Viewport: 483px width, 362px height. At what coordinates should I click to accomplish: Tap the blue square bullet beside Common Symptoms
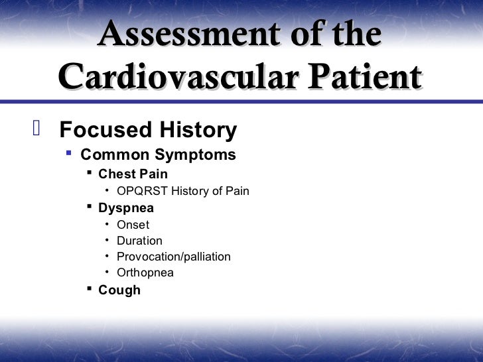69,154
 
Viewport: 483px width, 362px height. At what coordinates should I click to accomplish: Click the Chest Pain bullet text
133,174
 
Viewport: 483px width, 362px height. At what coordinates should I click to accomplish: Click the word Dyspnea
126,208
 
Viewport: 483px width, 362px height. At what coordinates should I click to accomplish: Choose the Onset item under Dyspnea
133,225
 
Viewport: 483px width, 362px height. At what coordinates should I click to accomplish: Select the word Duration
139,241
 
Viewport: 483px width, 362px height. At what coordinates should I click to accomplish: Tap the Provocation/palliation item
174,257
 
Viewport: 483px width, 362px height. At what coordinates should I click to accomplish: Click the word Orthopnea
145,272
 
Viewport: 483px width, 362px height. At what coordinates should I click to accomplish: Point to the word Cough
119,290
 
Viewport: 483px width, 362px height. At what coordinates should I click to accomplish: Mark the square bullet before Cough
90,289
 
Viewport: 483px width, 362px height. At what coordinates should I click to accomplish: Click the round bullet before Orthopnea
107,272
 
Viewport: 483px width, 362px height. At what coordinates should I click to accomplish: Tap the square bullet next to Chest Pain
90,174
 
